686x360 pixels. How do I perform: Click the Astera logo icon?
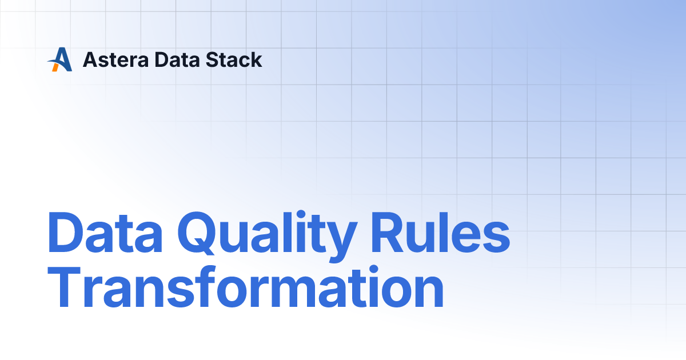pos(60,59)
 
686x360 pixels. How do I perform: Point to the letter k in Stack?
pos(257,60)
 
